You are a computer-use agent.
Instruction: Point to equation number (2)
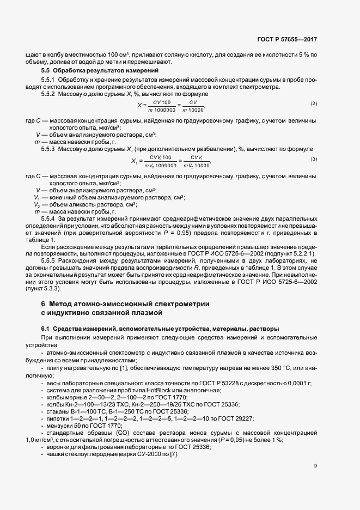point(313,104)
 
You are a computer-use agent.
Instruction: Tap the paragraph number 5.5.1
point(49,81)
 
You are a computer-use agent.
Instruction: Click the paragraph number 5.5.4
point(49,218)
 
